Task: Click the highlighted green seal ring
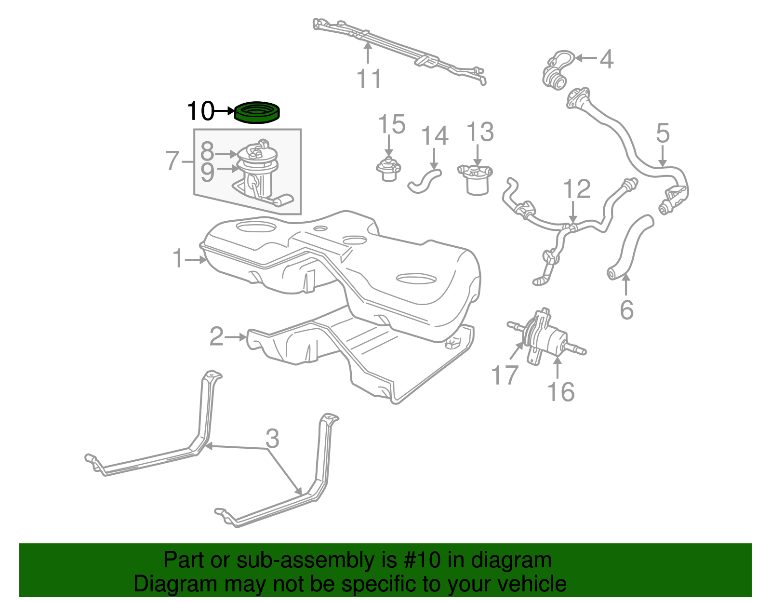(257, 113)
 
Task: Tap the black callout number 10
(199, 111)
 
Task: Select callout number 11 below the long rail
(369, 79)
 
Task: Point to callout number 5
(663, 133)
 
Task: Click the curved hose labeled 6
(629, 248)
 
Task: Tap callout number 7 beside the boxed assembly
(173, 161)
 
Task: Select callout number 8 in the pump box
(207, 152)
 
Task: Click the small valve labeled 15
(388, 170)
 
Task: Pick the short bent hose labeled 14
(425, 180)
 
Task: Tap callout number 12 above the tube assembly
(576, 189)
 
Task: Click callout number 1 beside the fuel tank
(178, 259)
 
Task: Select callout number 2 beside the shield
(216, 336)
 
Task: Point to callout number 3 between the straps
(272, 439)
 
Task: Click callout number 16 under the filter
(561, 392)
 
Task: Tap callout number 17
(505, 375)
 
